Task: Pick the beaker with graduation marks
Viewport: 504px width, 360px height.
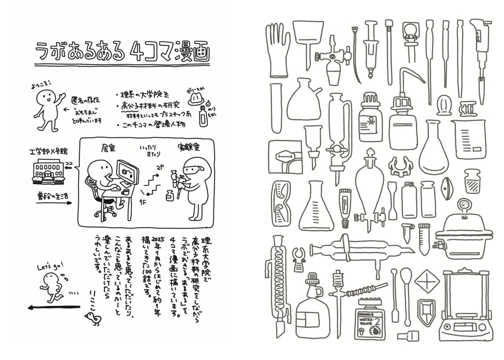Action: tap(469, 139)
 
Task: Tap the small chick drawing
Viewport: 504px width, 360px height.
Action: tap(94, 319)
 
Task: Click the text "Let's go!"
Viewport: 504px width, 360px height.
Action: tap(51, 266)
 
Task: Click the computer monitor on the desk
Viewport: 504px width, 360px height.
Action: tap(127, 173)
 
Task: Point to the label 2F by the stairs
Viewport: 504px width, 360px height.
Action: tap(160, 168)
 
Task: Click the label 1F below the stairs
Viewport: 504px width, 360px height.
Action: tap(142, 201)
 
